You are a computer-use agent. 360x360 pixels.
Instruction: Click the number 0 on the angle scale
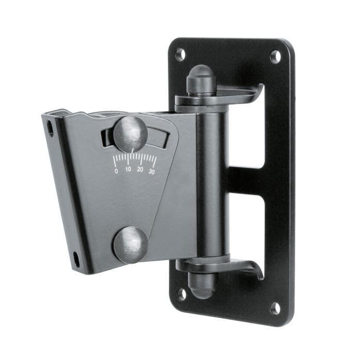[x=116, y=171]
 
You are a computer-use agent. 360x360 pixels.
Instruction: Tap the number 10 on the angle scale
[x=128, y=169]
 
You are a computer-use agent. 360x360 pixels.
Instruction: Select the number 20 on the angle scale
[x=140, y=169]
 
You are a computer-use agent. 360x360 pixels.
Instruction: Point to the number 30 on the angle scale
[x=151, y=172]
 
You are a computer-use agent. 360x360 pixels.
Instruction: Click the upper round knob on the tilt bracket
[x=130, y=134]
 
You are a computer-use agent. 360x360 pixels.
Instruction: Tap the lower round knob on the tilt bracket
[x=131, y=244]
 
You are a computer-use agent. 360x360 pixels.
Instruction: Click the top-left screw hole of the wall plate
[x=180, y=55]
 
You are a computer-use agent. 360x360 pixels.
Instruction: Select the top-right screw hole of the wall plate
[x=276, y=57]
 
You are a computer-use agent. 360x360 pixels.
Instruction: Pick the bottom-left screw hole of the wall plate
[x=182, y=295]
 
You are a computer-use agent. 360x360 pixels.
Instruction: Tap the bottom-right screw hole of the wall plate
[x=275, y=308]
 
